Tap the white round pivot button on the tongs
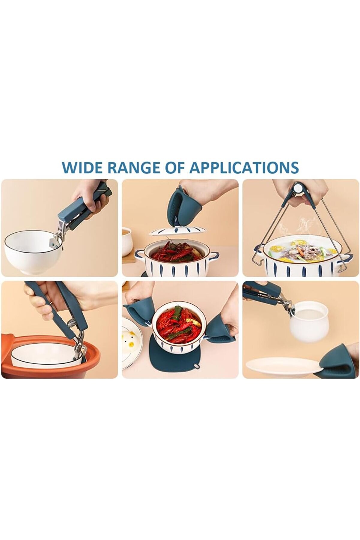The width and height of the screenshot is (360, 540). (x=298, y=188)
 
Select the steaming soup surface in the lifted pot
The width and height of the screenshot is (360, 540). (x=300, y=249)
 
